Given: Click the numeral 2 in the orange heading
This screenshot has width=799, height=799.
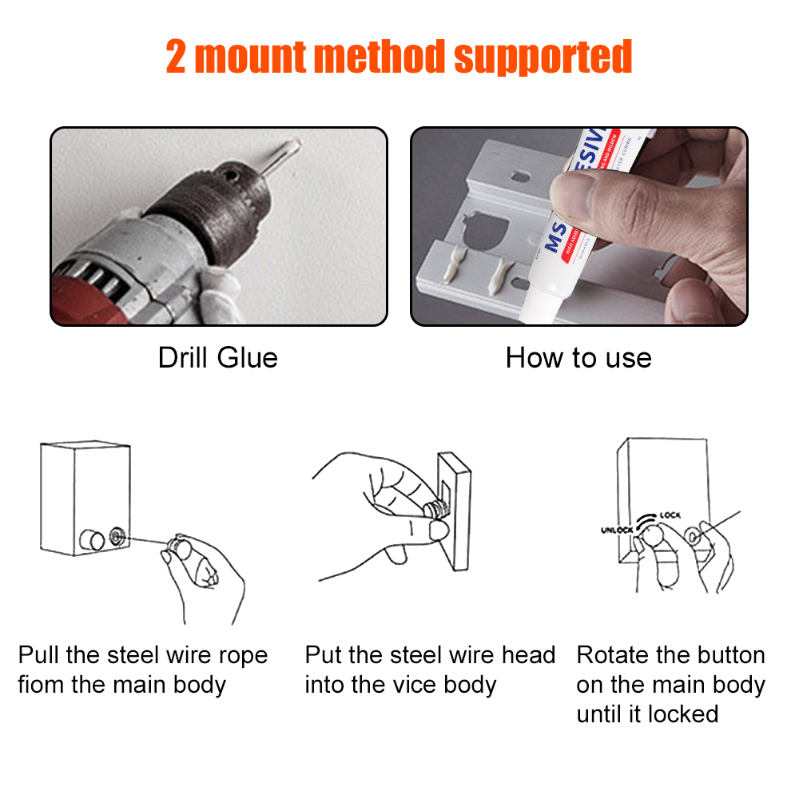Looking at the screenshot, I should pyautogui.click(x=177, y=57).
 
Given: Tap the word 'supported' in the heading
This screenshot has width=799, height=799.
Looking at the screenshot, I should pyautogui.click(x=543, y=57).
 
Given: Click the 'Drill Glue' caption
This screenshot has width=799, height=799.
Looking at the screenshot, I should pyautogui.click(x=217, y=357).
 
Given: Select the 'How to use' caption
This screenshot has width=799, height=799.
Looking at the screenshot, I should pyautogui.click(x=578, y=357).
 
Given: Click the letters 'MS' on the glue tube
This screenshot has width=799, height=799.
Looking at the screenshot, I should pyautogui.click(x=559, y=233).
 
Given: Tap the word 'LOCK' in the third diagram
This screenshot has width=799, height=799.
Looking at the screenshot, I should pyautogui.click(x=670, y=517).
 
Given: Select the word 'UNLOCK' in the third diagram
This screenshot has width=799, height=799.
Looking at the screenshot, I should pyautogui.click(x=617, y=530).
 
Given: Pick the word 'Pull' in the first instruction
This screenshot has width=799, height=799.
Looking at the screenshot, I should pyautogui.click(x=38, y=656).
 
